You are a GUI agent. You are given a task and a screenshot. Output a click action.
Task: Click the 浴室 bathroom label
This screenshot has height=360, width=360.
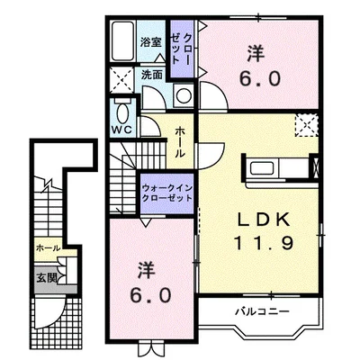tap(150, 42)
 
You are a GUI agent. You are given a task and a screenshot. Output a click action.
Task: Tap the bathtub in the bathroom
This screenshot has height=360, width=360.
tap(122, 41)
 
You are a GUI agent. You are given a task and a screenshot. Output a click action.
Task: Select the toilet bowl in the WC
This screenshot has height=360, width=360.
tap(121, 113)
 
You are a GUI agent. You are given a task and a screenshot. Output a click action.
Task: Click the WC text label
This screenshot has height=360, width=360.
tap(122, 130)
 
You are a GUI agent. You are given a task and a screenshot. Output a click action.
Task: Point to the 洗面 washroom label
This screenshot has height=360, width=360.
tap(152, 75)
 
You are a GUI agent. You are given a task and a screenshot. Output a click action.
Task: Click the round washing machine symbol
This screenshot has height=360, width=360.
tap(184, 95)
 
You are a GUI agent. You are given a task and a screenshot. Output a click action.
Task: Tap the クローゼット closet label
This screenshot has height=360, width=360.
tap(180, 49)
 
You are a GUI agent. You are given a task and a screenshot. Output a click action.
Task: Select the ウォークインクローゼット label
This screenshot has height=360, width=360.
tap(166, 193)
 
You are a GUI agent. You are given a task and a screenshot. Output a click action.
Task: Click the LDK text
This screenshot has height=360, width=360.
tap(264, 220)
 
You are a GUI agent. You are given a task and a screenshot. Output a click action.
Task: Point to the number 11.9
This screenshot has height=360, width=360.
tap(264, 243)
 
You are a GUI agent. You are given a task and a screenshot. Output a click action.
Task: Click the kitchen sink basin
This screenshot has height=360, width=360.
tap(261, 168)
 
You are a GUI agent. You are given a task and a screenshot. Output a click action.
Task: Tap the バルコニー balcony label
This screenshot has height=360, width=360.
tap(262, 311)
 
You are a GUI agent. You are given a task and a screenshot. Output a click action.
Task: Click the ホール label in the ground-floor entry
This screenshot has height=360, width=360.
tap(48, 248)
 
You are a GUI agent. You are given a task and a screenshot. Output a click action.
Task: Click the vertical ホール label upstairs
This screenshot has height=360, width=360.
tap(180, 142)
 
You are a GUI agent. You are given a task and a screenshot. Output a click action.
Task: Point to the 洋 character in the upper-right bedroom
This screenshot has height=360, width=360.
tap(256, 53)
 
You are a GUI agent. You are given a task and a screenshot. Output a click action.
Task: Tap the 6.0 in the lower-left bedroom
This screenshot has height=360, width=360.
tap(151, 295)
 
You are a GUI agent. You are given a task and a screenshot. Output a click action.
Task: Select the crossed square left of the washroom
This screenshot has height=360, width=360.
tap(121, 80)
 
